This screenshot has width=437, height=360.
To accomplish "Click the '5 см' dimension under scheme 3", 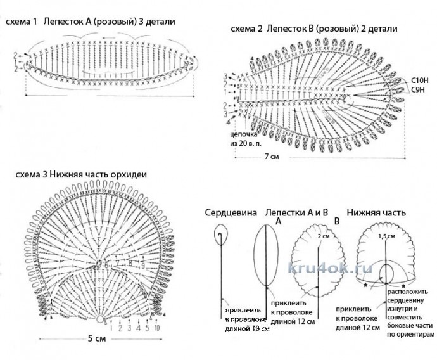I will [97, 338].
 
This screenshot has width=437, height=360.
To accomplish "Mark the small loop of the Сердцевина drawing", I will [220, 236].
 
